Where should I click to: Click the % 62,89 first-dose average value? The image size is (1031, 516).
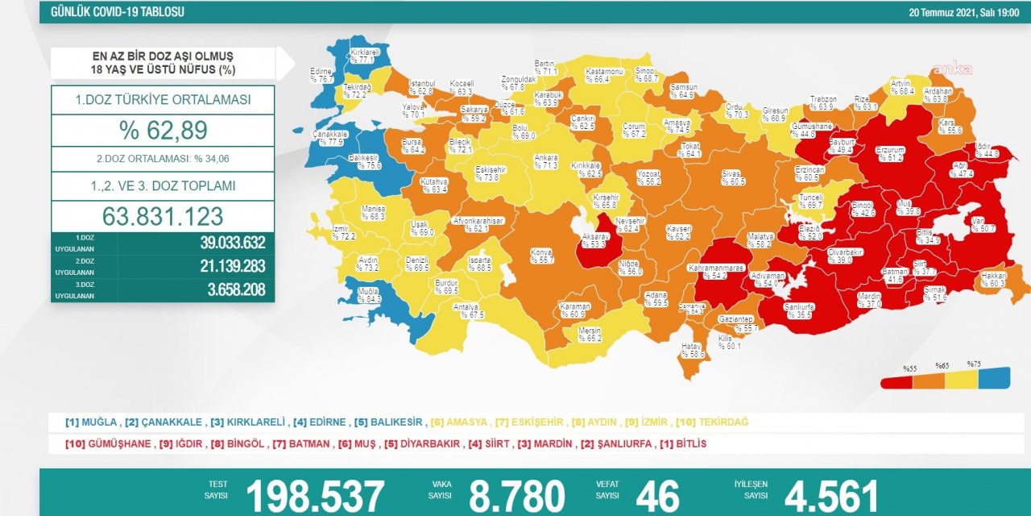click(x=163, y=131)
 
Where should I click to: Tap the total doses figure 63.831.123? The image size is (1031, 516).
click(x=163, y=216)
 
